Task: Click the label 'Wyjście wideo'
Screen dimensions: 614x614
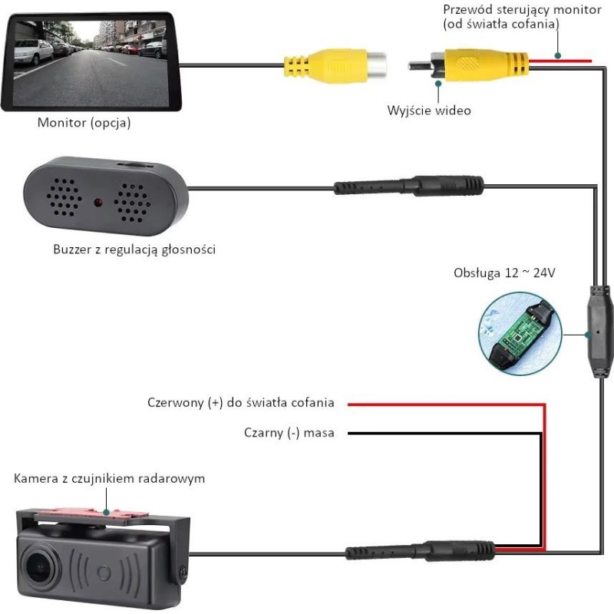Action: (x=429, y=111)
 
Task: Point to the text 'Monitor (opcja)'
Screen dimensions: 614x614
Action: (x=84, y=122)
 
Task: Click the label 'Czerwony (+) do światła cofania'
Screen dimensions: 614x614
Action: (x=240, y=403)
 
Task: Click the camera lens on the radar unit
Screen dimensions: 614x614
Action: (x=35, y=565)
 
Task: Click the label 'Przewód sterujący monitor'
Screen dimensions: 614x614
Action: (x=510, y=10)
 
